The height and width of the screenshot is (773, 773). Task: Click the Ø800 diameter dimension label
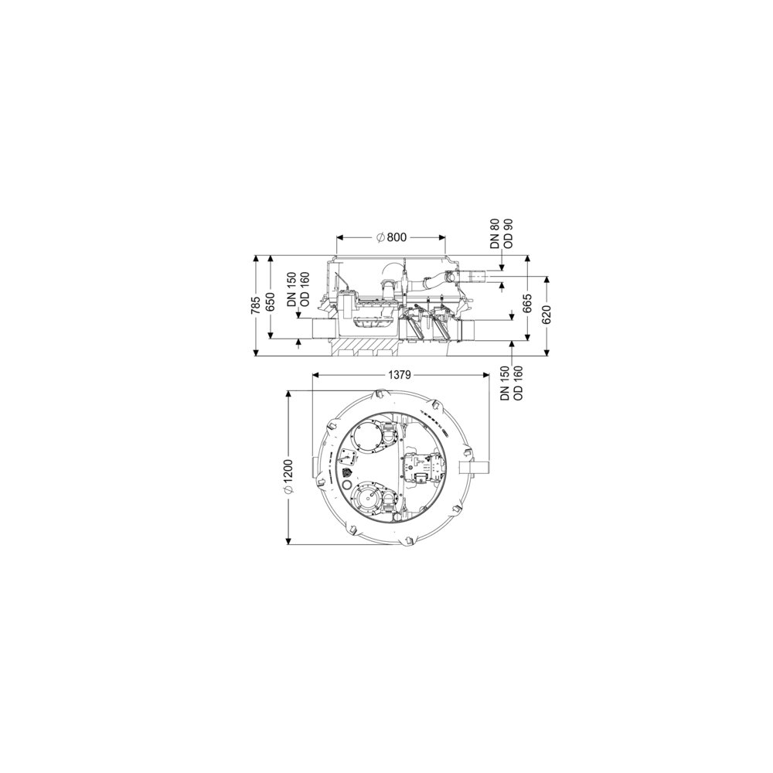(x=391, y=237)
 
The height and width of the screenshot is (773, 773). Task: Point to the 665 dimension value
(x=527, y=304)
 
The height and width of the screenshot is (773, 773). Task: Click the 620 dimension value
(x=547, y=315)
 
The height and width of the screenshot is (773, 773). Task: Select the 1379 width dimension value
(x=400, y=375)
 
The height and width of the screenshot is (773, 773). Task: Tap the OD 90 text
(x=509, y=233)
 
